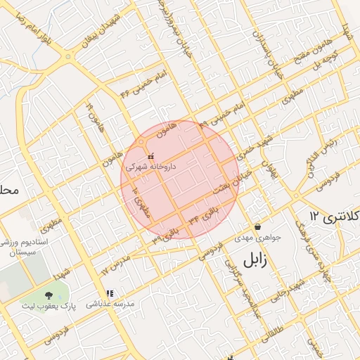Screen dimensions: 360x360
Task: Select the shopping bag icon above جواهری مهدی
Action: tap(258, 227)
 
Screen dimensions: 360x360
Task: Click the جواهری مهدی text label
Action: tap(258, 238)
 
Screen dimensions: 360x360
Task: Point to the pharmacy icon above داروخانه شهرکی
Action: tap(150, 156)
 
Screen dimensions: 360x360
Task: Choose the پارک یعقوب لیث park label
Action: tap(49, 307)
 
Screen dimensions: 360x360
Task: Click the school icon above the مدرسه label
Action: tap(109, 293)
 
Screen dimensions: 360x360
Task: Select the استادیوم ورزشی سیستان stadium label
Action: tap(25, 247)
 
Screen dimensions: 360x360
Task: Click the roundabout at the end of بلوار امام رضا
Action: tap(69, 56)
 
